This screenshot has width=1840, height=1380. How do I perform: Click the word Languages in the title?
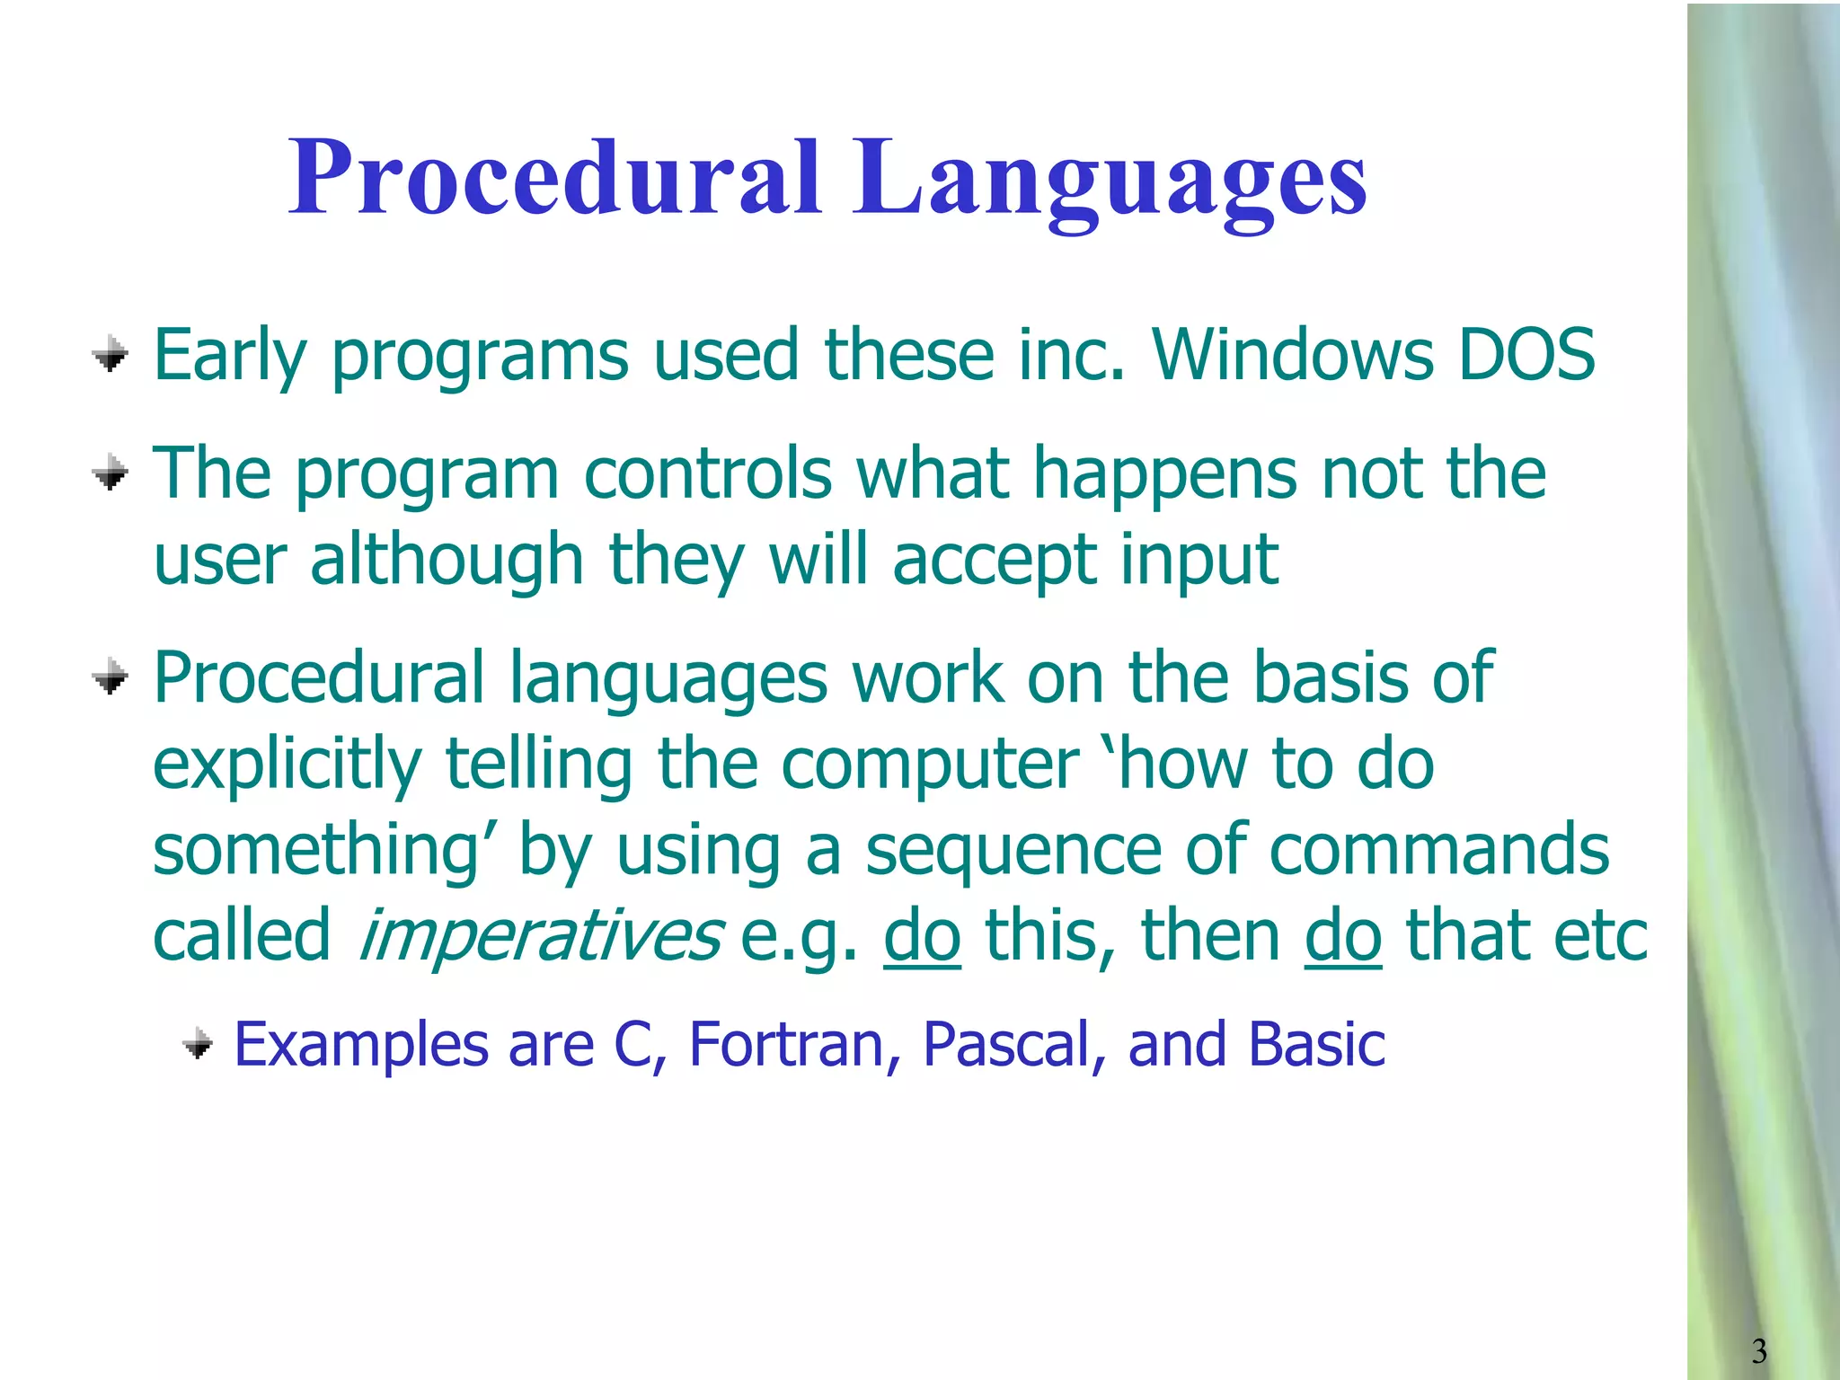pos(1110,180)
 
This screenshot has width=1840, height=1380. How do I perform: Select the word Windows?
pos(1292,355)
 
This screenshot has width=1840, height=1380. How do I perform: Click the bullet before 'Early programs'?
pos(111,354)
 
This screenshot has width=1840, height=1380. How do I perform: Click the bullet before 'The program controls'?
pos(111,473)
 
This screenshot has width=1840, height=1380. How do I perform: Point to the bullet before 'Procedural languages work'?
pos(111,677)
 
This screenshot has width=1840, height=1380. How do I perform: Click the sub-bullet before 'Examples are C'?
pos(198,1045)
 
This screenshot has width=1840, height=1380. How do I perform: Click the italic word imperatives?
pos(540,935)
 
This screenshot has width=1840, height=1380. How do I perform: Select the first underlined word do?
pos(922,935)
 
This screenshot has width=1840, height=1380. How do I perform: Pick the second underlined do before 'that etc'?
pos(1342,935)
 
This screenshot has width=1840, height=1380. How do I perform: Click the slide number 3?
pos(1758,1350)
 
